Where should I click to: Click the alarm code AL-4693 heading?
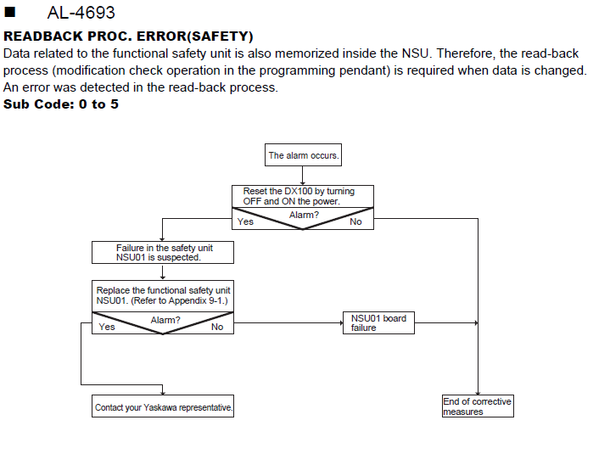81,13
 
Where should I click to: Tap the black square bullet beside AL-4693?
9,12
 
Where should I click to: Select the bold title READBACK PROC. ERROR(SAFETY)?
128,36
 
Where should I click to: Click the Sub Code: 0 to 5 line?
61,104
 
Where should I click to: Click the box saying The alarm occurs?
303,155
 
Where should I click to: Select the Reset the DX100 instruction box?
303,196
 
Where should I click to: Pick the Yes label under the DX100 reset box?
245,221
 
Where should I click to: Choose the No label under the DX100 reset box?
355,221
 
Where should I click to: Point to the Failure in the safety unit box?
163,253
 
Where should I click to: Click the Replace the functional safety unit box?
163,296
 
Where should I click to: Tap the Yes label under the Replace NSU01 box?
107,327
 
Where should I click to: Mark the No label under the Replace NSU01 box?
217,327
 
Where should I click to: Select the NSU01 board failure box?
378,322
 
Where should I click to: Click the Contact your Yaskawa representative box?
163,406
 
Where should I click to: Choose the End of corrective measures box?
478,406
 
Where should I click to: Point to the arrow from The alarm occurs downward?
303,176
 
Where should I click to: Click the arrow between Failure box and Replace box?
163,272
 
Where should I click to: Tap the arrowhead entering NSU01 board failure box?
341,322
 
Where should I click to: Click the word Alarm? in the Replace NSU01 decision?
165,320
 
